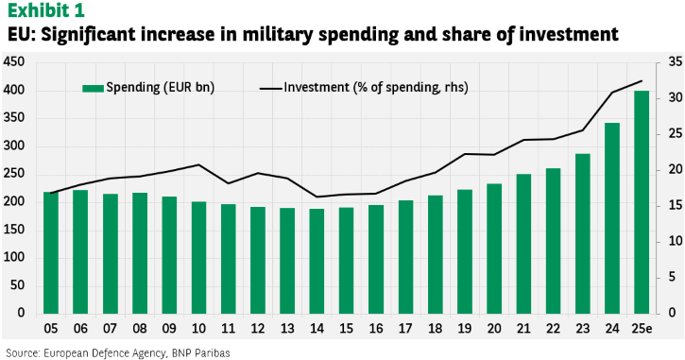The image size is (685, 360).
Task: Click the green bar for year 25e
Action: (x=642, y=202)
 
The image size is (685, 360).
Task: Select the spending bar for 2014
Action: (x=317, y=262)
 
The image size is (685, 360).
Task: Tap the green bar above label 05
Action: (x=51, y=253)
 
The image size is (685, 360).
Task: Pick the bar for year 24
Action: (x=612, y=218)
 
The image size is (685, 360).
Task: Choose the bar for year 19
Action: (x=465, y=251)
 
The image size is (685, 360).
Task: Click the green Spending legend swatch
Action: (x=93, y=88)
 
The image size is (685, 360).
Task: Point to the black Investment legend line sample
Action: (x=270, y=89)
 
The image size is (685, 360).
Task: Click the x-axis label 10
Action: (x=198, y=329)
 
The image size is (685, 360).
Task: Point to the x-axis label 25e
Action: (x=642, y=329)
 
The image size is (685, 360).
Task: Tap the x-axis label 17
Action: (x=405, y=329)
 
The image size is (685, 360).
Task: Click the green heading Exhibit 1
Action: (x=46, y=11)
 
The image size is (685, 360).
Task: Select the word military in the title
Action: (x=279, y=35)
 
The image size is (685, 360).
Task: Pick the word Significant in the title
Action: (x=86, y=35)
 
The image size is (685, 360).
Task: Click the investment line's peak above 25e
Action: (x=642, y=81)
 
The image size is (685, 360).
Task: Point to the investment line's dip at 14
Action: (x=317, y=197)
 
